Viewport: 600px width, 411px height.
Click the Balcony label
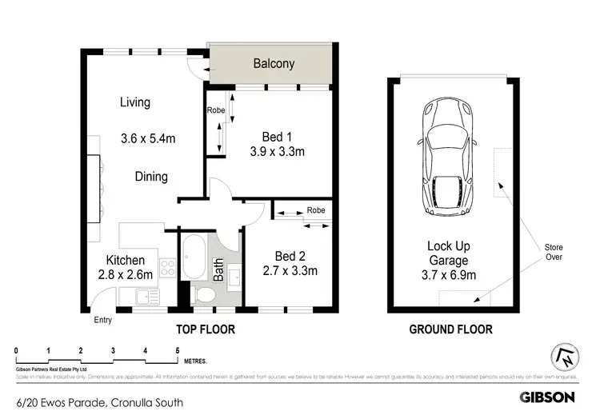[274, 64]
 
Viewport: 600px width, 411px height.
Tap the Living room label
[135, 102]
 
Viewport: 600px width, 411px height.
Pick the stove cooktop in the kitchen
[167, 269]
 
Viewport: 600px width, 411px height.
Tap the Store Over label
[554, 252]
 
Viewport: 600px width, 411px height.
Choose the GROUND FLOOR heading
[450, 329]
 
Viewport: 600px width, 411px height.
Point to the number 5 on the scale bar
[177, 351]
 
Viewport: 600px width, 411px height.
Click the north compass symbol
[563, 357]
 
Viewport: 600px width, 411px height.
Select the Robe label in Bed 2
[315, 211]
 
